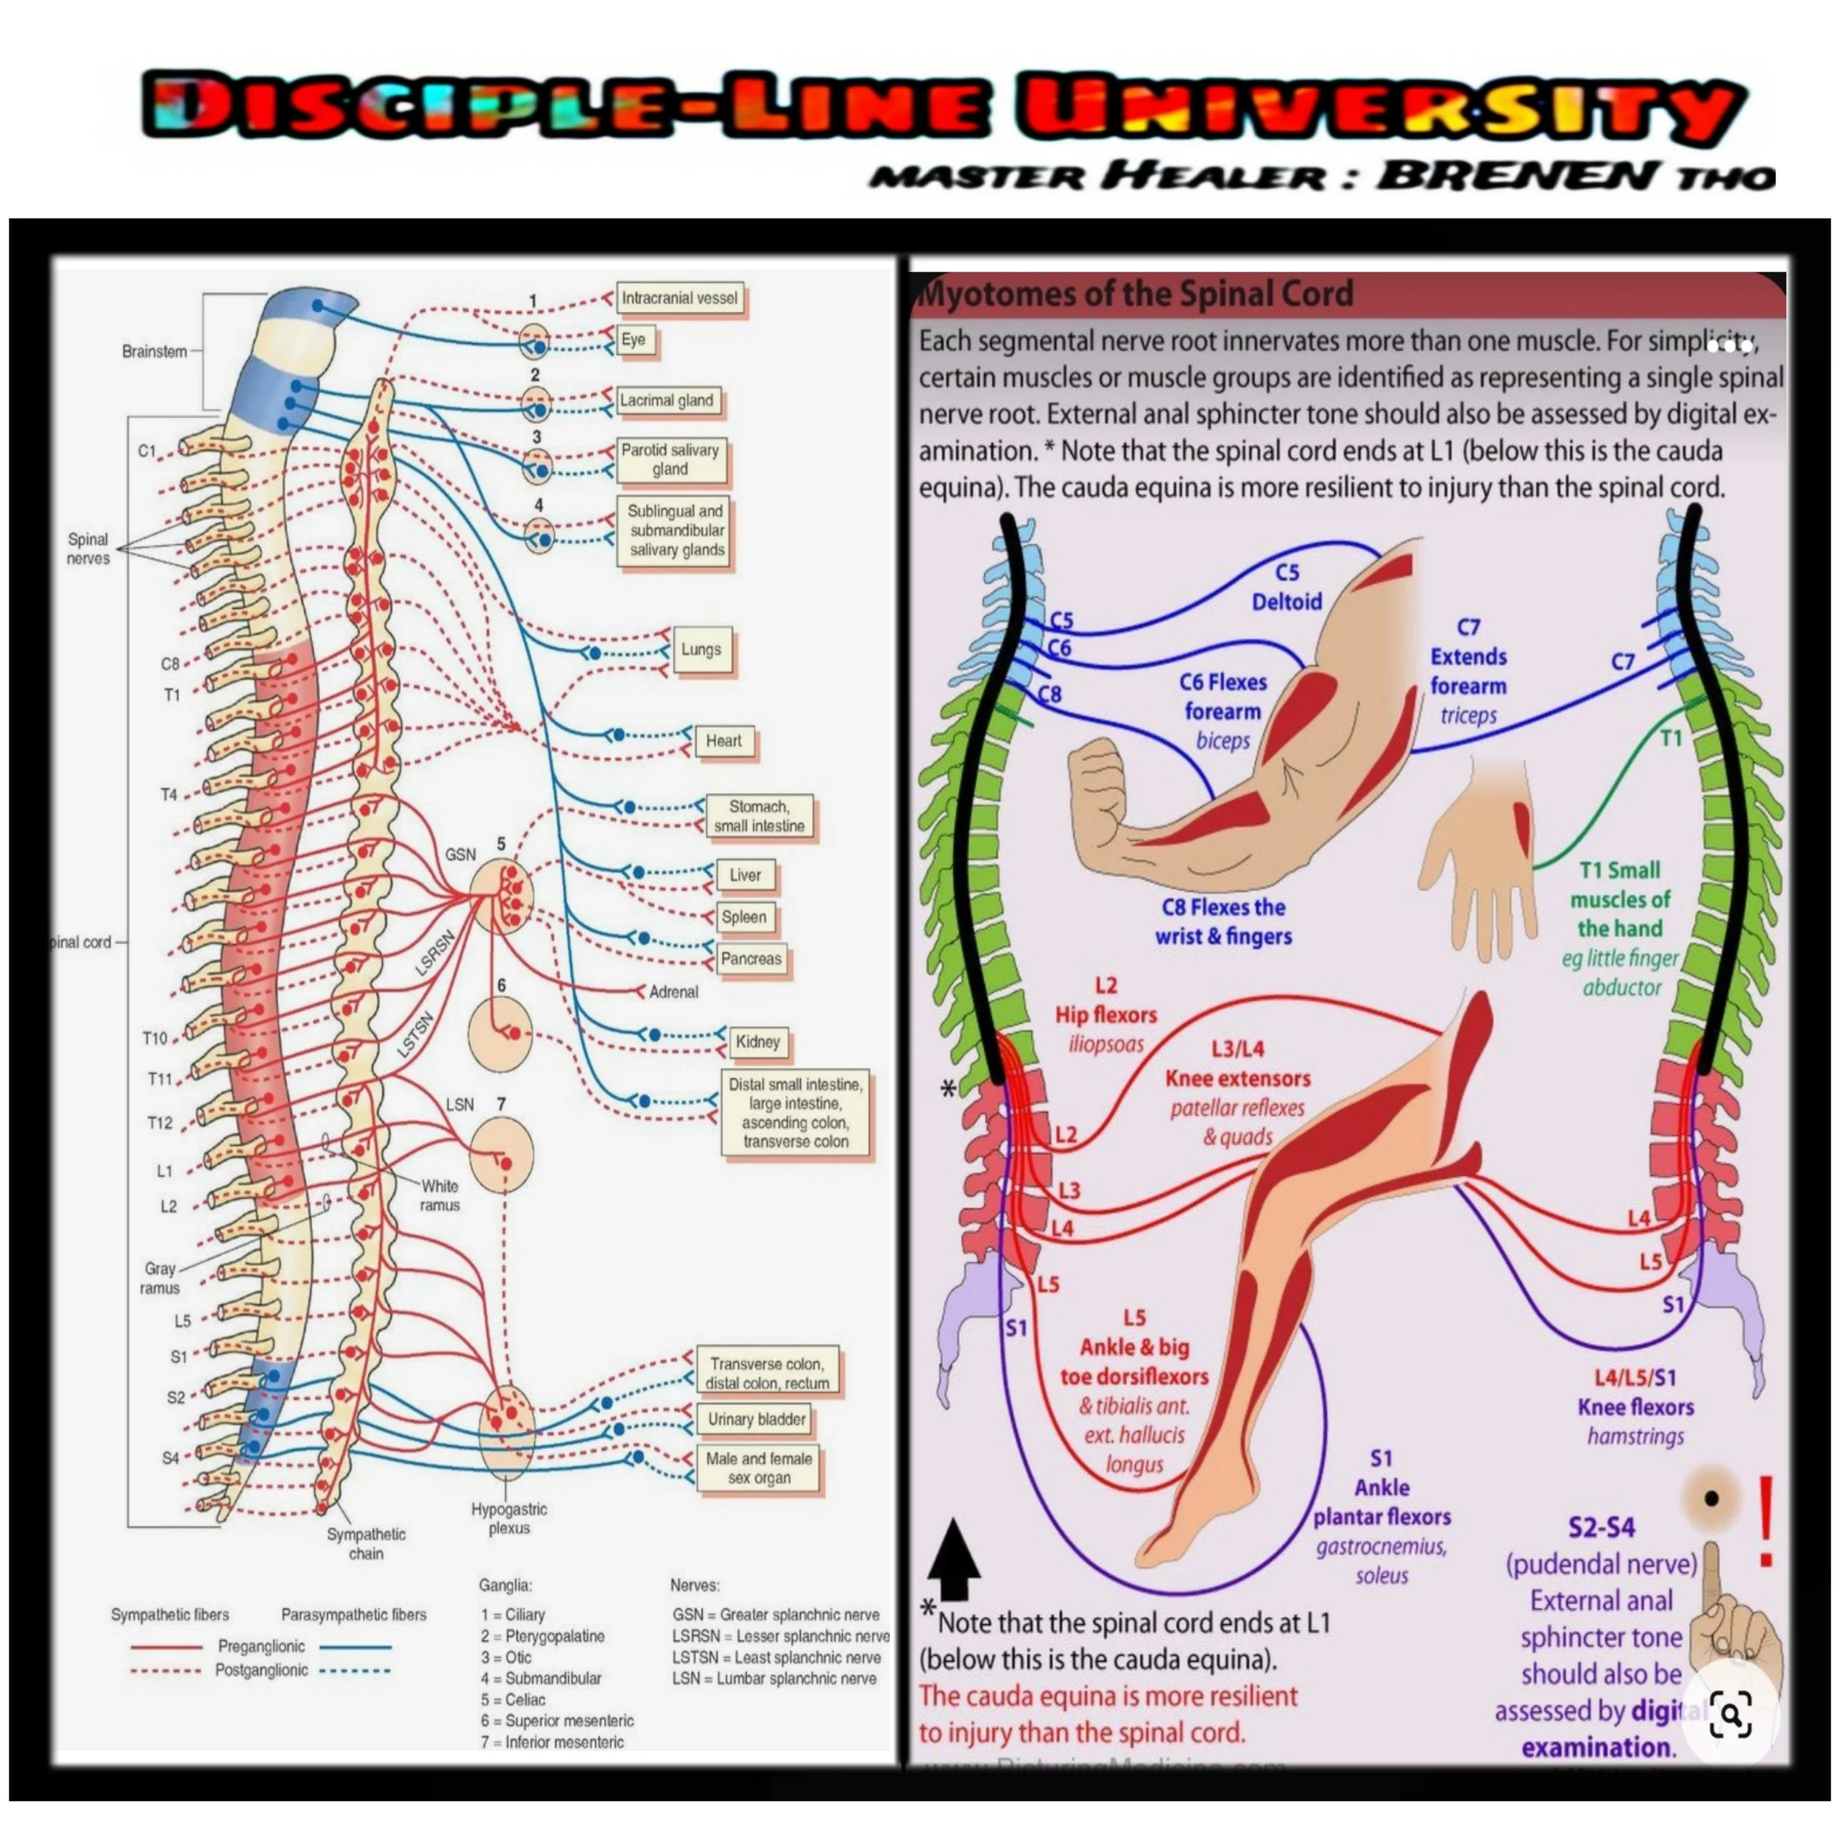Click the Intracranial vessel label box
(x=679, y=299)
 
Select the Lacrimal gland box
(x=667, y=401)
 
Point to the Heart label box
(x=723, y=741)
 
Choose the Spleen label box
(x=744, y=917)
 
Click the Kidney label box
(x=757, y=1042)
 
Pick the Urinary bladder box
(x=756, y=1419)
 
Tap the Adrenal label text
(x=673, y=992)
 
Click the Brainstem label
(x=155, y=351)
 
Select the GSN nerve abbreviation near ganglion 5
(x=460, y=854)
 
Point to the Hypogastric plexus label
(x=509, y=1518)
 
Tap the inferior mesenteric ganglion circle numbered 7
(x=502, y=1154)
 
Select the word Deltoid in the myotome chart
(x=1287, y=602)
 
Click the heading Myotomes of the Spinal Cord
(x=1134, y=294)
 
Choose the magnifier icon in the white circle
(x=1730, y=1715)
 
